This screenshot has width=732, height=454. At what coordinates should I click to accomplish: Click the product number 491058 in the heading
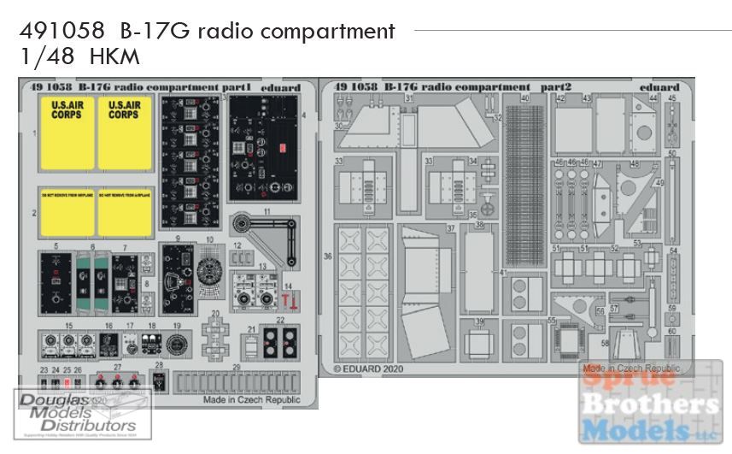[x=57, y=32]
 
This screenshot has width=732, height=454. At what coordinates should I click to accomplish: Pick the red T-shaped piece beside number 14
[x=285, y=299]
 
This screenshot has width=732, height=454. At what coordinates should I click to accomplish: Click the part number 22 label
[x=280, y=320]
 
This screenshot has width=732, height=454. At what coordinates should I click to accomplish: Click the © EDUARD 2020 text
[x=368, y=370]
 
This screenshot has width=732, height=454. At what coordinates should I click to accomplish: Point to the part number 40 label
[x=524, y=98]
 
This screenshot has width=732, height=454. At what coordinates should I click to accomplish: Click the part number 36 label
[x=328, y=255]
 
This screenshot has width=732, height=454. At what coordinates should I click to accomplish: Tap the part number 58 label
[x=604, y=343]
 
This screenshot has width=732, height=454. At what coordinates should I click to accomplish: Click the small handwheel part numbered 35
[x=488, y=206]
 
